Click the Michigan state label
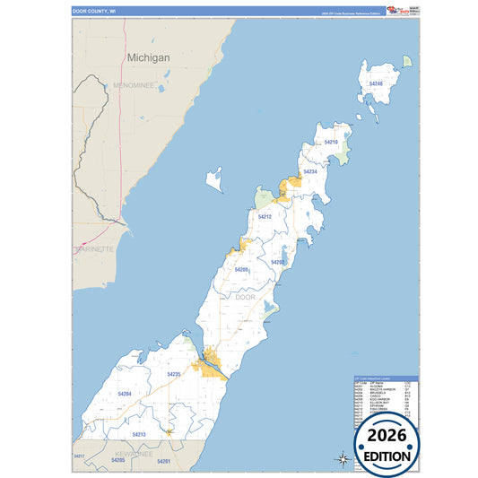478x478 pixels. pyautogui.click(x=148, y=56)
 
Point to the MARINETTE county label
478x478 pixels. pyautogui.click(x=94, y=249)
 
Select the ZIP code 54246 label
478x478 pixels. pyautogui.click(x=375, y=83)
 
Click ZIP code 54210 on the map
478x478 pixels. pyautogui.click(x=330, y=143)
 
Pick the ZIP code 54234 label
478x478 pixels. pyautogui.click(x=309, y=171)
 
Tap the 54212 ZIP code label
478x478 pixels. pyautogui.click(x=265, y=216)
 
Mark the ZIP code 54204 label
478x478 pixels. pyautogui.click(x=125, y=394)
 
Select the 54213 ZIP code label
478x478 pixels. pyautogui.click(x=139, y=434)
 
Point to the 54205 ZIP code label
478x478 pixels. pyautogui.click(x=118, y=460)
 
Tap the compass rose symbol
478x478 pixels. pyautogui.click(x=342, y=459)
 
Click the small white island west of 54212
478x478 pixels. pyautogui.click(x=213, y=179)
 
